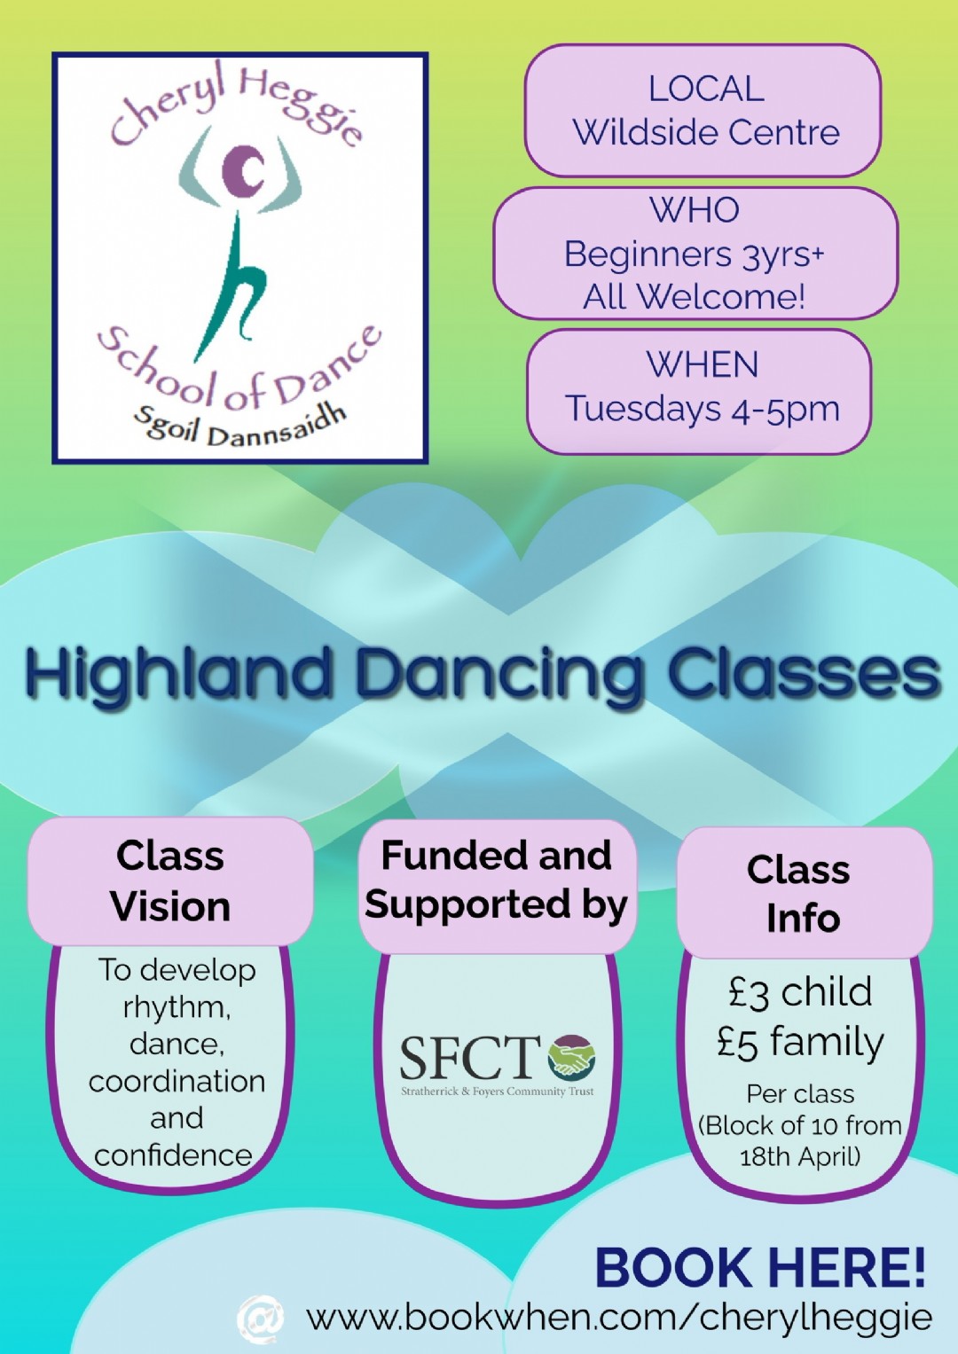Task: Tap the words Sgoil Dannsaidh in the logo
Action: [239, 426]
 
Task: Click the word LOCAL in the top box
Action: [706, 89]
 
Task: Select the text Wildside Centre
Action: [706, 132]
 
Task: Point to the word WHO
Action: [695, 210]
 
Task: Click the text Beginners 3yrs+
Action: [695, 254]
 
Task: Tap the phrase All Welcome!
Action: [695, 296]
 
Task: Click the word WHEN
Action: [703, 364]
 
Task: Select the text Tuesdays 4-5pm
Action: [703, 410]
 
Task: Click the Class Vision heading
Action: [170, 881]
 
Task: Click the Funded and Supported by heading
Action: [497, 880]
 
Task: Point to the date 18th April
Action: [799, 1157]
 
